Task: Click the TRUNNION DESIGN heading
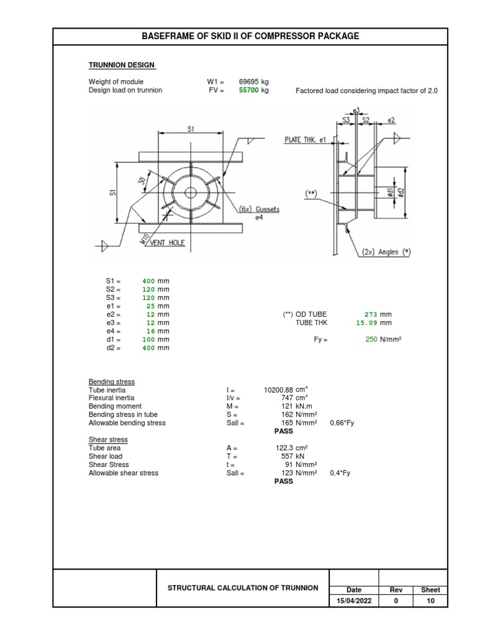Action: (x=122, y=65)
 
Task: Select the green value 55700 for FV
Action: (x=248, y=91)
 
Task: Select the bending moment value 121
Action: (x=287, y=406)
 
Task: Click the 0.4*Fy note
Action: (x=340, y=473)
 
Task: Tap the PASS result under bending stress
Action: (x=283, y=430)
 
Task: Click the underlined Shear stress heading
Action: (x=107, y=440)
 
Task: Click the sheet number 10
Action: (x=430, y=601)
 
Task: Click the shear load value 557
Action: (x=287, y=456)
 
